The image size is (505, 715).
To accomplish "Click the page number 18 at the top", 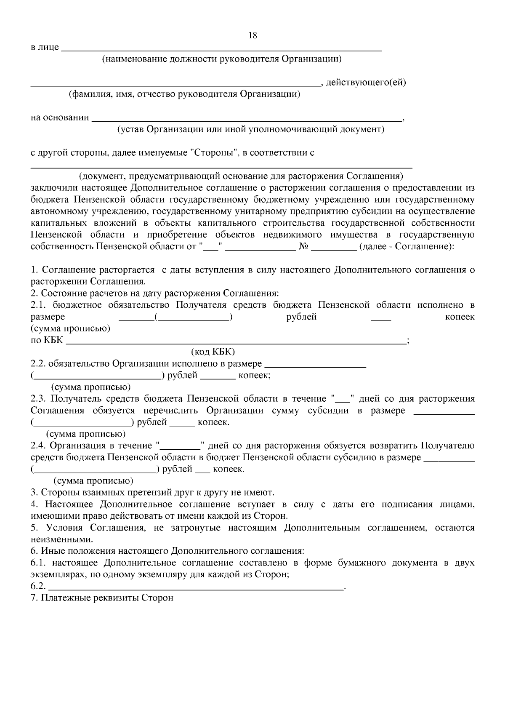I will (253, 35).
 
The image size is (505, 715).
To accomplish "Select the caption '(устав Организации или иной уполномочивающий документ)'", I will (251, 129).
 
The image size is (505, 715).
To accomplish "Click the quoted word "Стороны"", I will (215, 153).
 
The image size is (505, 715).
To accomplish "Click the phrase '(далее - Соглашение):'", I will (407, 246).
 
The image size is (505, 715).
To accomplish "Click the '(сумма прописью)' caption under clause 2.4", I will (93, 481).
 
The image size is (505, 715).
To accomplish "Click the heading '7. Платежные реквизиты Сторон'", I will (102, 598).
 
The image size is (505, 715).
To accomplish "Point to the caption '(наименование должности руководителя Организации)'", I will (222, 59).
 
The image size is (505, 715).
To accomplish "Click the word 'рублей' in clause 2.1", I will (301, 317).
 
